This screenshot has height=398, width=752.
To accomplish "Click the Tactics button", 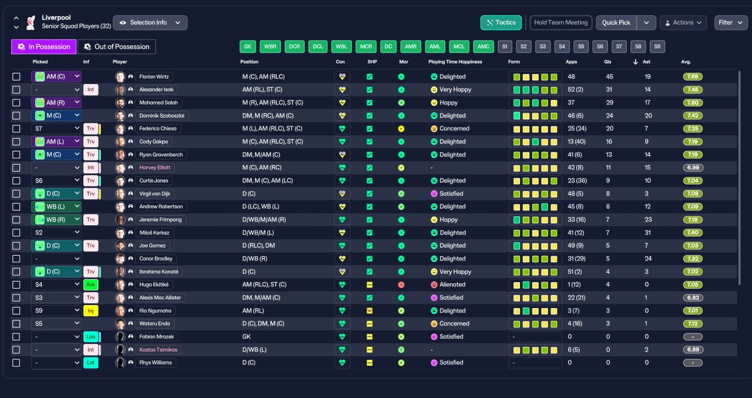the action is pyautogui.click(x=501, y=22).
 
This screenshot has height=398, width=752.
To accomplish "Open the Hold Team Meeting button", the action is pyautogui.click(x=560, y=22).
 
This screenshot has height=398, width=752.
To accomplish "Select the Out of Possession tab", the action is pyautogui.click(x=116, y=46).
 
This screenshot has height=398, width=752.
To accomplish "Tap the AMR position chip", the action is pyautogui.click(x=411, y=46).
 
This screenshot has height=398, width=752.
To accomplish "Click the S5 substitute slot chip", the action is pyautogui.click(x=581, y=46).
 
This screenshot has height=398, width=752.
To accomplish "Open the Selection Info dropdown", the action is pyautogui.click(x=150, y=22).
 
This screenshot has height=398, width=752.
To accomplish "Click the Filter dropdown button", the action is pyautogui.click(x=731, y=22).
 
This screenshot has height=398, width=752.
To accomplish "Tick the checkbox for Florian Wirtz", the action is pyautogui.click(x=16, y=76).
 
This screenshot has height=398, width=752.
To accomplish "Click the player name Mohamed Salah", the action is pyautogui.click(x=159, y=102).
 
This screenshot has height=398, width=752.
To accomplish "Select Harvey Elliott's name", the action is pyautogui.click(x=155, y=168).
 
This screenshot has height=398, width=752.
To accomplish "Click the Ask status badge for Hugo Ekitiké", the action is pyautogui.click(x=90, y=285).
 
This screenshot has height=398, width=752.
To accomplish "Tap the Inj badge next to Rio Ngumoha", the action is pyautogui.click(x=90, y=310).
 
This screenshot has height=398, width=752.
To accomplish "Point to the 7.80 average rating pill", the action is pyautogui.click(x=693, y=102).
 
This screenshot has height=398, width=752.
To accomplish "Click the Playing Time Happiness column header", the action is pyautogui.click(x=455, y=62).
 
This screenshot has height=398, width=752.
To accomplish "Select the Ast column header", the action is pyautogui.click(x=646, y=62).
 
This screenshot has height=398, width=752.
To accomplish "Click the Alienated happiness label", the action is pyautogui.click(x=452, y=285).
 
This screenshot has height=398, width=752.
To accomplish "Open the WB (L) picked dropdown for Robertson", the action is pyautogui.click(x=56, y=206).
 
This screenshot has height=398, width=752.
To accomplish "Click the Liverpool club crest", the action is pyautogui.click(x=31, y=22).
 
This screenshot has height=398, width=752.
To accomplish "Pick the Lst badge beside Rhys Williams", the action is pyautogui.click(x=90, y=363).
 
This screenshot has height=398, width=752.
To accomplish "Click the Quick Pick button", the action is pyautogui.click(x=616, y=22).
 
